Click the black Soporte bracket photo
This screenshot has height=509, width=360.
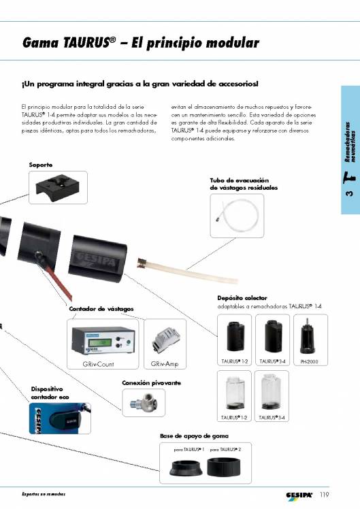(x=58, y=188)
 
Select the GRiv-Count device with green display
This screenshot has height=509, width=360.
(x=103, y=340)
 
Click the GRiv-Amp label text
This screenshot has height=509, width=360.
(x=165, y=364)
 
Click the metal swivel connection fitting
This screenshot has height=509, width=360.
(x=144, y=402)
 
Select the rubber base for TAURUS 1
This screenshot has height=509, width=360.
(x=186, y=467)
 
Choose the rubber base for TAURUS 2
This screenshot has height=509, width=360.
(x=224, y=467)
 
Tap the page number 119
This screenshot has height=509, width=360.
(x=324, y=495)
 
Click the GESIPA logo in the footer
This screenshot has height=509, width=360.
(x=299, y=495)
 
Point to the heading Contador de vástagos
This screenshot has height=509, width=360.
(x=101, y=309)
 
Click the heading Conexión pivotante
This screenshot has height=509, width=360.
(x=151, y=382)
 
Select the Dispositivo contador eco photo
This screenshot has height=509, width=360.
(x=60, y=418)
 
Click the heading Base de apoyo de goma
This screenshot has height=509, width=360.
(x=194, y=436)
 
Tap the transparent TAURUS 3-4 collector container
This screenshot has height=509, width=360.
(x=271, y=392)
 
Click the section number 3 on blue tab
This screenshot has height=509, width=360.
(x=349, y=193)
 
